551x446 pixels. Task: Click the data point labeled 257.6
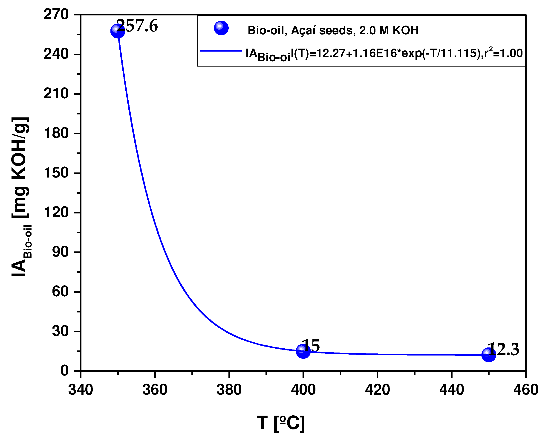pyautogui.click(x=118, y=31)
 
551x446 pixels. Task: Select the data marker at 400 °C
pyautogui.click(x=303, y=351)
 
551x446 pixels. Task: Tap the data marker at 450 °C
pyautogui.click(x=489, y=355)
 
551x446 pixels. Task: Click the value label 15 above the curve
pyautogui.click(x=311, y=346)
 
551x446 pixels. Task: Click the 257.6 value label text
pyautogui.click(x=138, y=26)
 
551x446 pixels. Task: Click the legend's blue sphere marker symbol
pyautogui.click(x=221, y=28)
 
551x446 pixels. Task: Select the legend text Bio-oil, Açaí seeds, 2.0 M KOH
pyautogui.click(x=333, y=30)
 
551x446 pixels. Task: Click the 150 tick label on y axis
pyautogui.click(x=56, y=173)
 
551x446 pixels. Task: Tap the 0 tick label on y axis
pyautogui.click(x=64, y=371)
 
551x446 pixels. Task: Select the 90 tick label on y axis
pyautogui.click(x=60, y=252)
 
